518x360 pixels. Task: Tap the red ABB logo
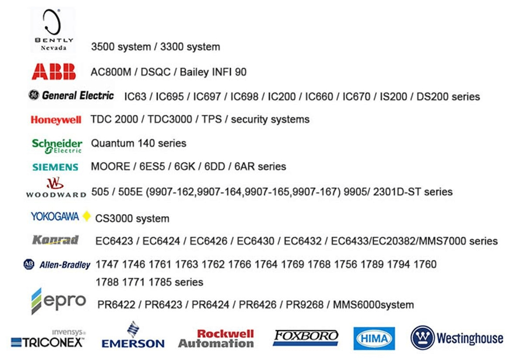pos(53,71)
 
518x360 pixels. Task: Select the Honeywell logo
pos(56,120)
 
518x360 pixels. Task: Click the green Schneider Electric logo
pos(57,146)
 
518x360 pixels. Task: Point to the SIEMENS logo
pos(55,167)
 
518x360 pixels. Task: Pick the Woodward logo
pos(56,188)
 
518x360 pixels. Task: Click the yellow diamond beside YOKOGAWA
pos(86,216)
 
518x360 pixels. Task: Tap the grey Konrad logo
pos(55,240)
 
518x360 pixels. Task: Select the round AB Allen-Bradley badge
pos(28,264)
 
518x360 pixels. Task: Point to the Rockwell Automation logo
pos(216,339)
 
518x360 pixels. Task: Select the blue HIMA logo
pos(374,339)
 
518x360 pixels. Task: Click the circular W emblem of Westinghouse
pos(422,338)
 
